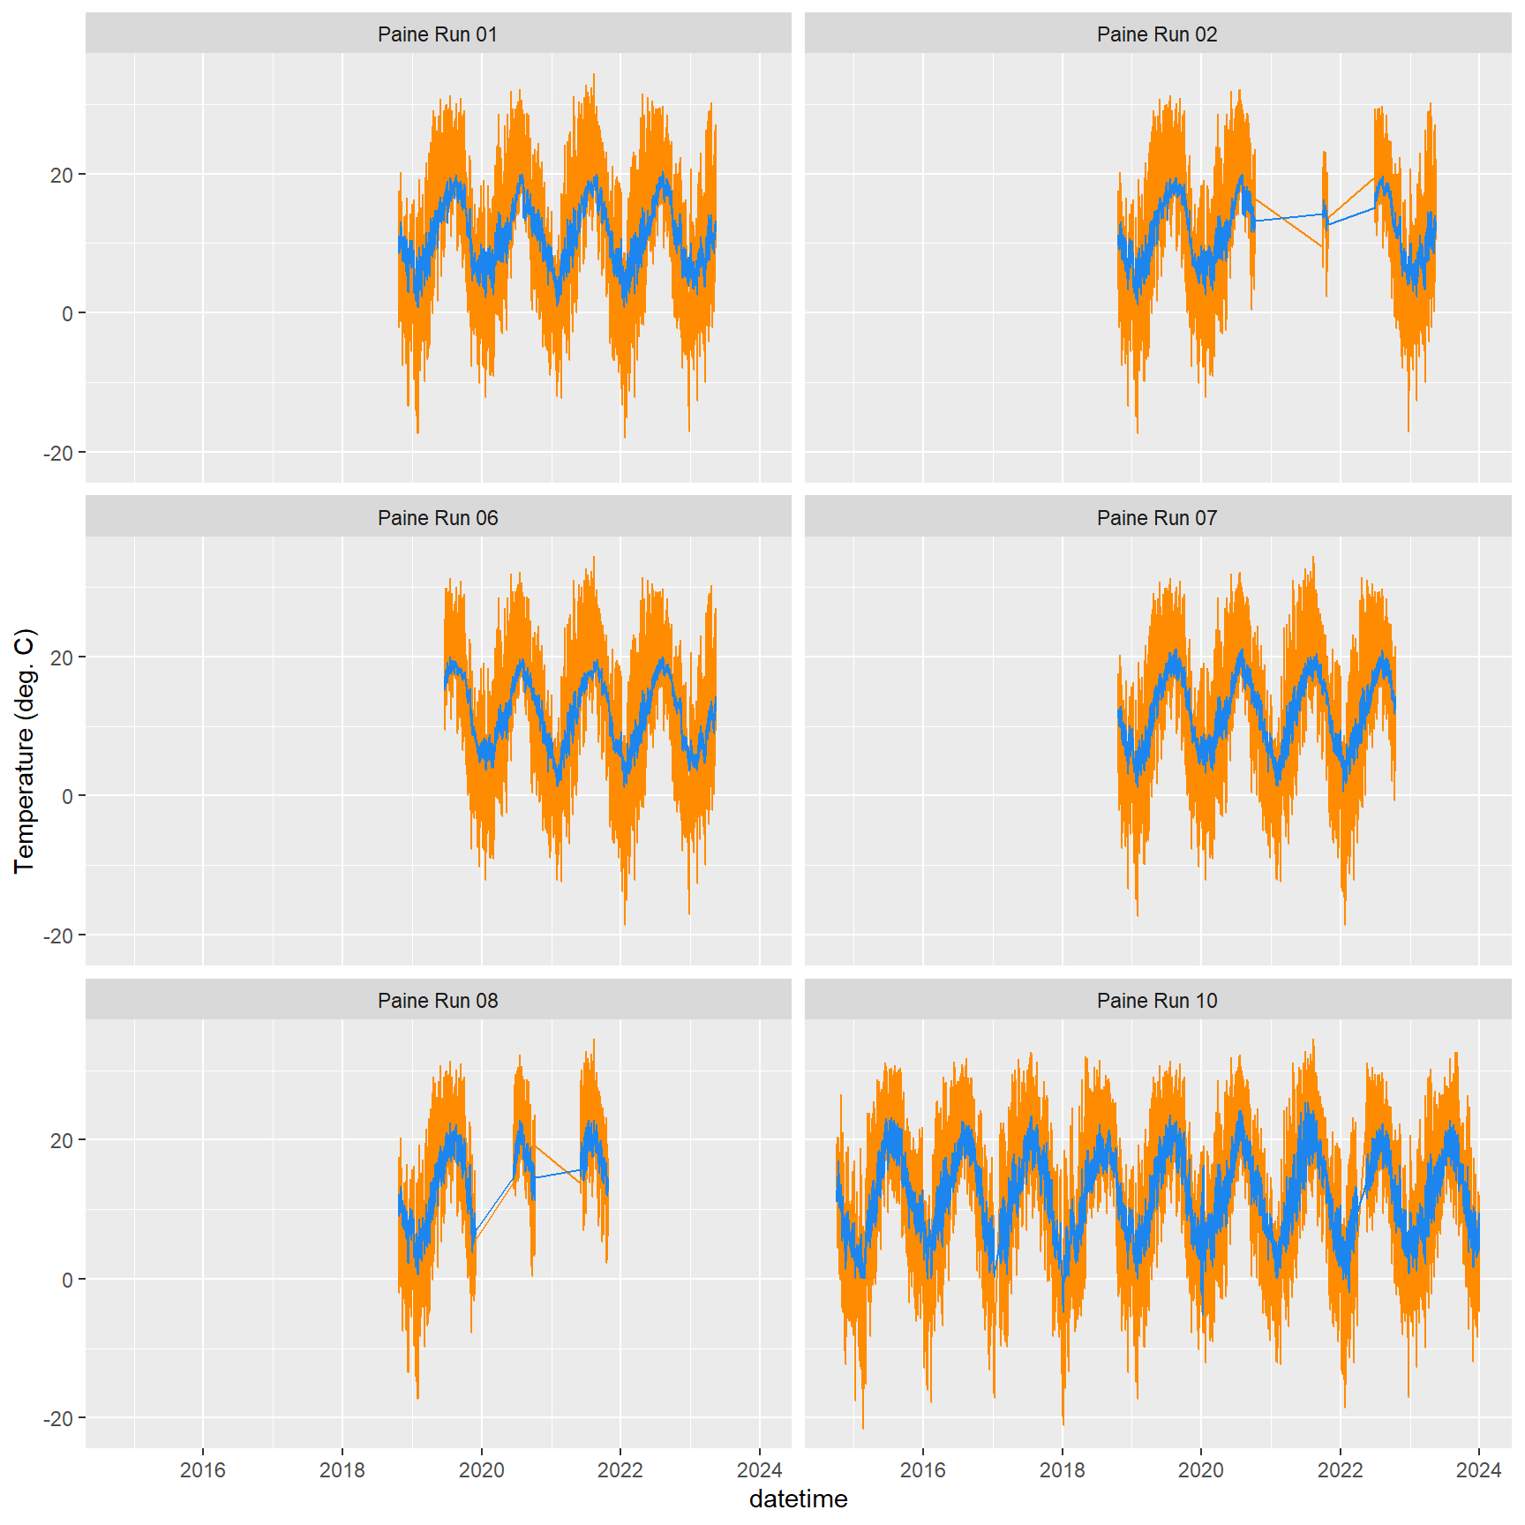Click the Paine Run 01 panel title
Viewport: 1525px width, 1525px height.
click(438, 34)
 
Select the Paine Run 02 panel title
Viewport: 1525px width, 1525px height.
click(1156, 34)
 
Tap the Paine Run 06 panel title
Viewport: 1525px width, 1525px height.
click(438, 518)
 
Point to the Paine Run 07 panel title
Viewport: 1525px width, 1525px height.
click(1156, 518)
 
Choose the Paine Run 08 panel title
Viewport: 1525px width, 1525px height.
click(438, 1001)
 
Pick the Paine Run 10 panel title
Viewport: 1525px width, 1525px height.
click(1156, 1001)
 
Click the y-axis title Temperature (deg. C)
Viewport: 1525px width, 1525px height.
click(25, 751)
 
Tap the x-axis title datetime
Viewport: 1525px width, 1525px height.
click(798, 1499)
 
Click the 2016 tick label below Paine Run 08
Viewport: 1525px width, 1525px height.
click(203, 1470)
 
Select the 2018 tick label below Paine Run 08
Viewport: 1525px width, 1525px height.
click(342, 1470)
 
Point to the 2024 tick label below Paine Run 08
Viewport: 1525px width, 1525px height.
click(759, 1470)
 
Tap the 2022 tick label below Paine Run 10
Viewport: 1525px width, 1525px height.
click(1340, 1470)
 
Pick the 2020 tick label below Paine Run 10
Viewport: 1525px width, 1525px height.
click(1201, 1470)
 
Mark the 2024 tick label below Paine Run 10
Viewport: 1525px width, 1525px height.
click(1478, 1470)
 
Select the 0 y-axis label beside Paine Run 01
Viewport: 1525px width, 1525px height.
click(67, 314)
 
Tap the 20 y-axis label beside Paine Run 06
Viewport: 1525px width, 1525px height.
click(62, 657)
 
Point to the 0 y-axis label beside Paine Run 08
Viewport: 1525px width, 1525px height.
click(67, 1280)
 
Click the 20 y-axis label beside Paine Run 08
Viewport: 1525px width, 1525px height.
click(62, 1141)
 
